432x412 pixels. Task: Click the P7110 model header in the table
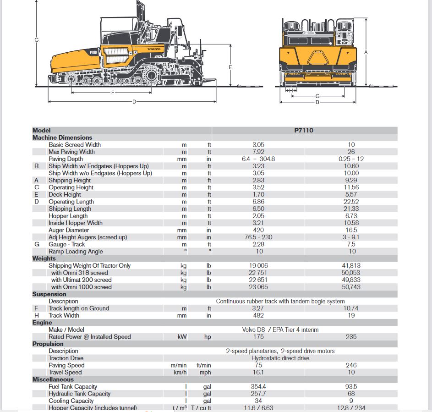[304, 131]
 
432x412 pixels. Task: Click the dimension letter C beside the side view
[37, 40]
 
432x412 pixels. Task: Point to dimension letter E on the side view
[230, 67]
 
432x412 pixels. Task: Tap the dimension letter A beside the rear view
[366, 53]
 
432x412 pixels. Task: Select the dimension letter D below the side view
[134, 101]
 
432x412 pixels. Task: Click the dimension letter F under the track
[112, 93]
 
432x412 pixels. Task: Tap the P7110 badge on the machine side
[93, 52]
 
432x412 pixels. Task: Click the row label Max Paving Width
[71, 152]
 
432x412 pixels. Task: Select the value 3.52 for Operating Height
[258, 187]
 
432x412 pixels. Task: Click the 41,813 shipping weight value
[351, 266]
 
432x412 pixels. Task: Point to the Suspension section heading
[49, 294]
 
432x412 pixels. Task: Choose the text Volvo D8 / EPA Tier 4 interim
[280, 330]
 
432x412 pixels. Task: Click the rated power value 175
[258, 337]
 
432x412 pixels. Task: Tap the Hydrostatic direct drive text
[280, 358]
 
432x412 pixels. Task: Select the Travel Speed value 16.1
[258, 373]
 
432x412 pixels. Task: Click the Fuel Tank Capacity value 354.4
[258, 387]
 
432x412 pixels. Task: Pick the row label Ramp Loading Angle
[76, 252]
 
